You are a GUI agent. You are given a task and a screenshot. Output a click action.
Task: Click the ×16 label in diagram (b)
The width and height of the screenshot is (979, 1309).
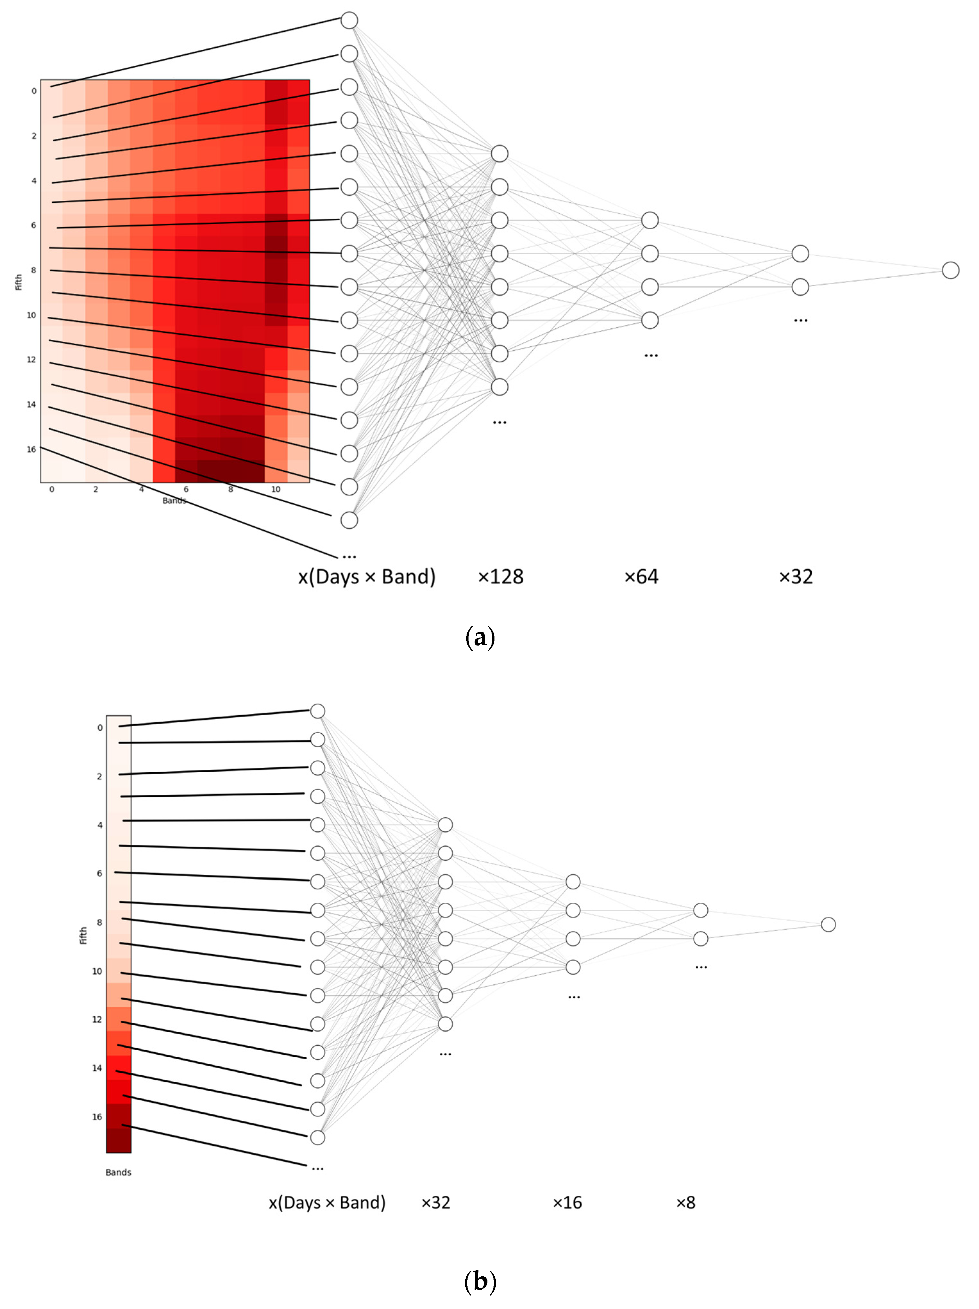coord(567,1202)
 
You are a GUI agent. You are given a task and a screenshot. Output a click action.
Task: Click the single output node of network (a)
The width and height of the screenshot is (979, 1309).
coord(950,271)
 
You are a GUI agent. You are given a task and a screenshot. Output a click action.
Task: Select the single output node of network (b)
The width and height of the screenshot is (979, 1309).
coord(828,924)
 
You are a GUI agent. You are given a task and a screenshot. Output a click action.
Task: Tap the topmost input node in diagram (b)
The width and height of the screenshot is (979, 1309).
coord(318,711)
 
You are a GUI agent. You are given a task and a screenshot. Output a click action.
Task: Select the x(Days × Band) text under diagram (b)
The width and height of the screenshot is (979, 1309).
coord(327,1202)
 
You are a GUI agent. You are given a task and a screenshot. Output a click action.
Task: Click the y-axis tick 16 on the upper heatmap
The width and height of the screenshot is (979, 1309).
coord(31,449)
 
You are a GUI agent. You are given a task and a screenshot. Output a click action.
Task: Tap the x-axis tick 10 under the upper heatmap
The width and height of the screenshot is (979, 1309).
coord(275,489)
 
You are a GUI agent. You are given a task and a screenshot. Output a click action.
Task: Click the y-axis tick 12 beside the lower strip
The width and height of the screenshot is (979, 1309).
coord(97,1019)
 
